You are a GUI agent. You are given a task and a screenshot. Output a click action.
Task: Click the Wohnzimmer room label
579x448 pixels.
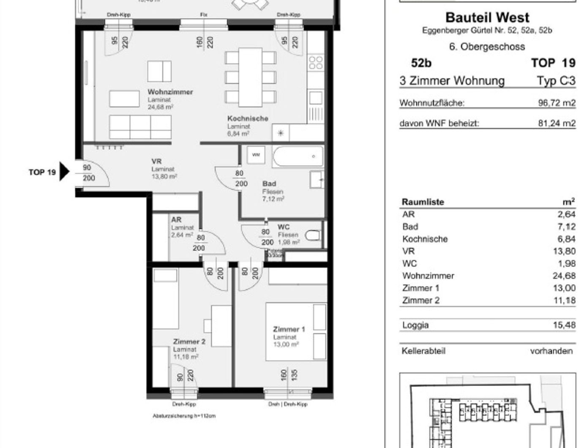pos(170,92)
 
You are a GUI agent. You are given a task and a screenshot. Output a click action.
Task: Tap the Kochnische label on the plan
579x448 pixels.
pos(248,119)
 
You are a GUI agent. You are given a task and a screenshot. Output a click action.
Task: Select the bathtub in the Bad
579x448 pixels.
pos(298,156)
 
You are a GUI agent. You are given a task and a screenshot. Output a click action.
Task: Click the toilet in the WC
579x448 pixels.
pos(313,235)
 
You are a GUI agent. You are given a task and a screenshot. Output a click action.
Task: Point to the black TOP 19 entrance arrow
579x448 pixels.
pos(64,172)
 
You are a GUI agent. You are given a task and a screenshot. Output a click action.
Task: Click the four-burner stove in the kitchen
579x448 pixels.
pos(316,63)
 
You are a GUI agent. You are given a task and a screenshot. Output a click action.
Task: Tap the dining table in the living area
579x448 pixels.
pos(250,77)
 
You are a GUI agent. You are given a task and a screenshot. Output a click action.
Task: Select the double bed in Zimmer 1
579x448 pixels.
pos(296,331)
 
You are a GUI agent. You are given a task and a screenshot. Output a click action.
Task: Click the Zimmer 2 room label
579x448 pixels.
pos(189,341)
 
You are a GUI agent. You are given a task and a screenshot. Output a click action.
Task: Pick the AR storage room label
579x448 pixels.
pos(176,220)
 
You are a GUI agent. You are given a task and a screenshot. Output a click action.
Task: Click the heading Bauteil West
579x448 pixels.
pos(487,17)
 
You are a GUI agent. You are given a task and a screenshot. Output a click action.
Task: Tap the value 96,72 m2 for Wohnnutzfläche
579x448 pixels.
pos(557,103)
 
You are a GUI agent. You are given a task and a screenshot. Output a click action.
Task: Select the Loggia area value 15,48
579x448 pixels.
pos(564,325)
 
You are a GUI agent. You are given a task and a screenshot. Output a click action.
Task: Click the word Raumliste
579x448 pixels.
pos(423,202)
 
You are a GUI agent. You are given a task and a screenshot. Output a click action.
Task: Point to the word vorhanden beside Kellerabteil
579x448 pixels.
pos(551,351)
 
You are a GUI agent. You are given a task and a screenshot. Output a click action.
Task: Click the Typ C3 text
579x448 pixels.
pos(556,80)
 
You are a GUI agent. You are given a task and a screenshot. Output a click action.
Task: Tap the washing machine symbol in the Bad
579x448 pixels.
pos(256,155)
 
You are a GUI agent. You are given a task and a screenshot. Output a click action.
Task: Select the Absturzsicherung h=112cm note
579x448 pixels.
pos(184,416)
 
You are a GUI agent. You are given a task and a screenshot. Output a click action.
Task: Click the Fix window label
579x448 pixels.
pos(204,15)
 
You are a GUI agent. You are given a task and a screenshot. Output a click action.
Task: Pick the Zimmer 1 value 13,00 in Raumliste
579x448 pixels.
pos(564,288)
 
